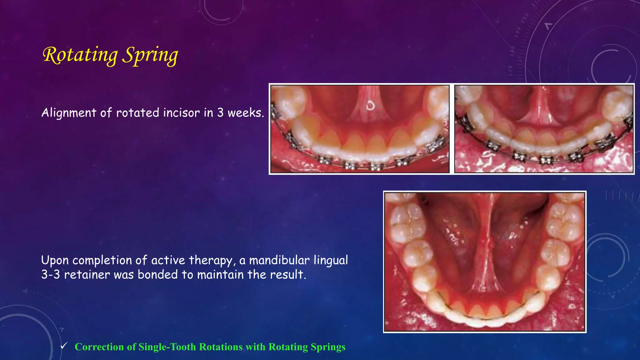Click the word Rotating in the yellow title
(80, 55)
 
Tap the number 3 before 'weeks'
(220, 112)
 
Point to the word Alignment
(69, 112)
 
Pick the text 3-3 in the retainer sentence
(50, 275)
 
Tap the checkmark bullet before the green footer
(64, 346)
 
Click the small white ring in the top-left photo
(370, 106)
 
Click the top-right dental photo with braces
(544, 129)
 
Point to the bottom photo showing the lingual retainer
(484, 262)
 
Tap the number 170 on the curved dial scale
(511, 71)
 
